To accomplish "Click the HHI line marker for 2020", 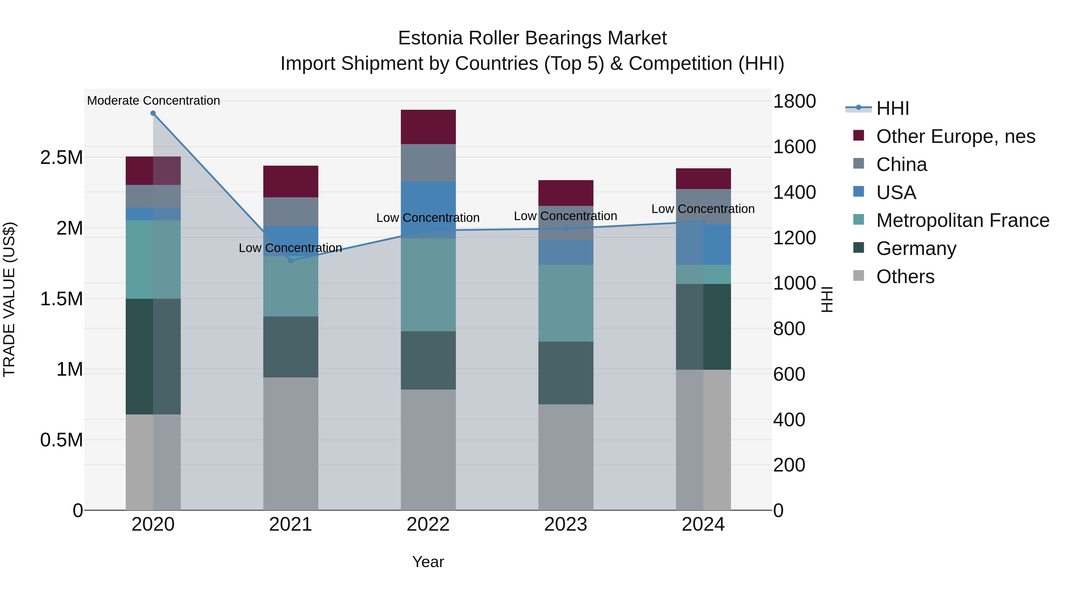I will pyautogui.click(x=153, y=113).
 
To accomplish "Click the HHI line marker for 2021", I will pyautogui.click(x=290, y=260).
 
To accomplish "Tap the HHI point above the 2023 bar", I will pyautogui.click(x=566, y=229).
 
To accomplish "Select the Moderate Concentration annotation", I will pyautogui.click(x=153, y=101).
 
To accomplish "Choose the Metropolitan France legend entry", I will pyautogui.click(x=962, y=220).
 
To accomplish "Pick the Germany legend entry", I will pyautogui.click(x=916, y=248).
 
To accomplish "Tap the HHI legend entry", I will pyautogui.click(x=892, y=108).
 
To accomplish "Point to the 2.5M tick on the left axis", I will pyautogui.click(x=62, y=157).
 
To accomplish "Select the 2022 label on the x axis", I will pyautogui.click(x=428, y=524).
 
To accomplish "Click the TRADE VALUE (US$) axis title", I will pyautogui.click(x=9, y=299).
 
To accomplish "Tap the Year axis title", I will pyautogui.click(x=428, y=562).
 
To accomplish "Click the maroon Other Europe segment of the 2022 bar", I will pyautogui.click(x=428, y=127).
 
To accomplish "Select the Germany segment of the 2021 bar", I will pyautogui.click(x=290, y=347).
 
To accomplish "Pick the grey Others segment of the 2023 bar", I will pyautogui.click(x=566, y=457).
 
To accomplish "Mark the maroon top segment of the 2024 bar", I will pyautogui.click(x=703, y=179).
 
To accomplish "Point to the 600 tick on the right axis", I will pyautogui.click(x=789, y=374).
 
